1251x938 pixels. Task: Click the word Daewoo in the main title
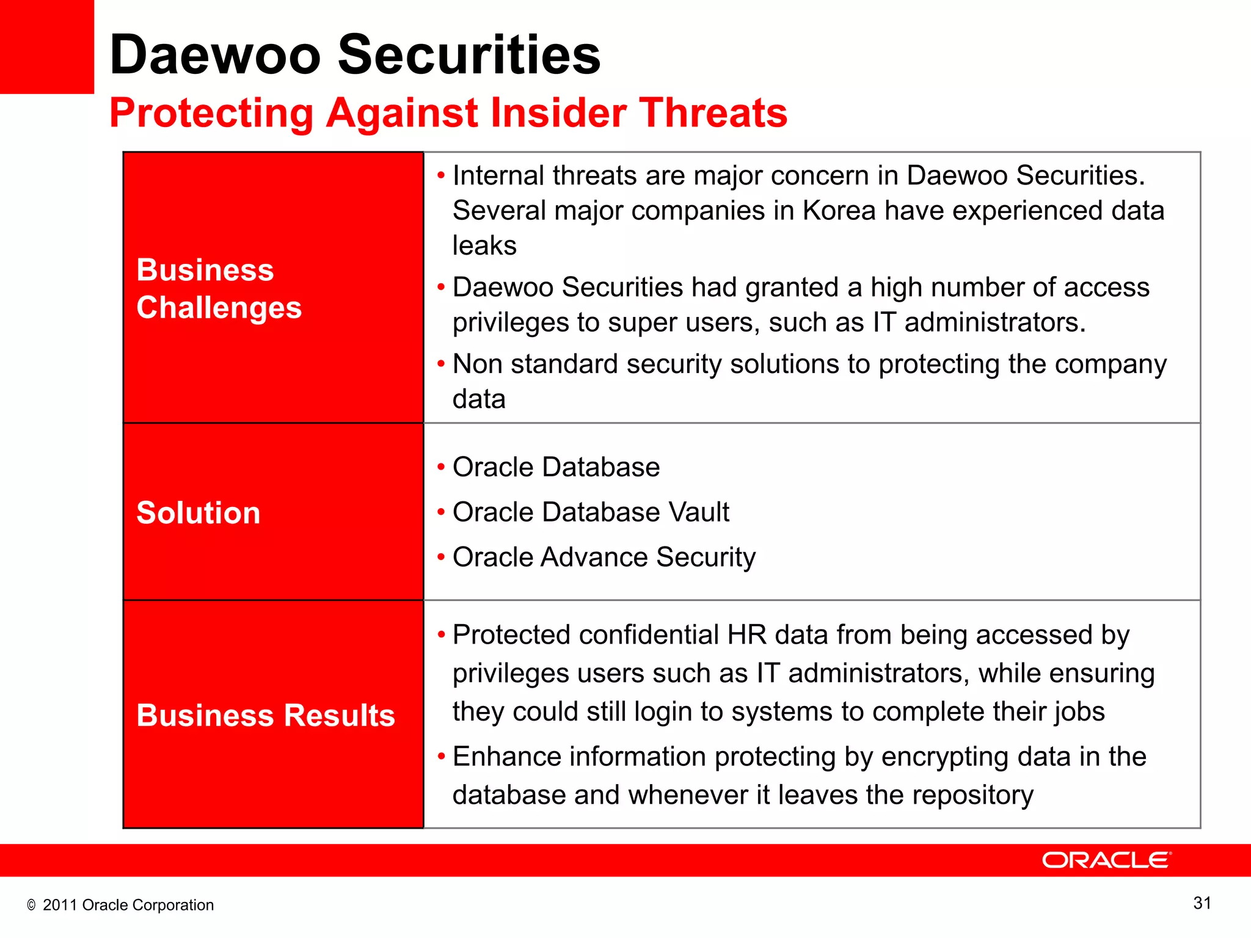215,55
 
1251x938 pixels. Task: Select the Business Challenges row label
219,288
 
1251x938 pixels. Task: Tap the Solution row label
199,512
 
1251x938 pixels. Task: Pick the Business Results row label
266,715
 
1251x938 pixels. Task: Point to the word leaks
484,245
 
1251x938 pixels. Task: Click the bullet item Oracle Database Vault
591,512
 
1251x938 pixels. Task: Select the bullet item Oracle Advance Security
604,557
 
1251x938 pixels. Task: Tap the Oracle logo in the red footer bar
1106,860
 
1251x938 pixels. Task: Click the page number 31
1202,903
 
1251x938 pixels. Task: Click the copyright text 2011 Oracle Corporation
128,905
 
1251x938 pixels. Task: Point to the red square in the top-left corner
46,46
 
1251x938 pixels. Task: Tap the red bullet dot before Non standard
441,364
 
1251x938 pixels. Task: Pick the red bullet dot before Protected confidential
441,635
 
